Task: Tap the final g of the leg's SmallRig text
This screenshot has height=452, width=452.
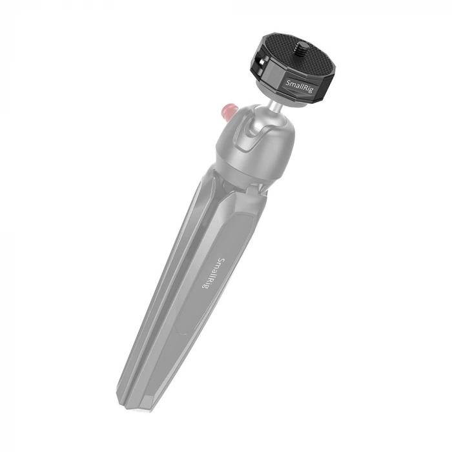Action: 205,287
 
